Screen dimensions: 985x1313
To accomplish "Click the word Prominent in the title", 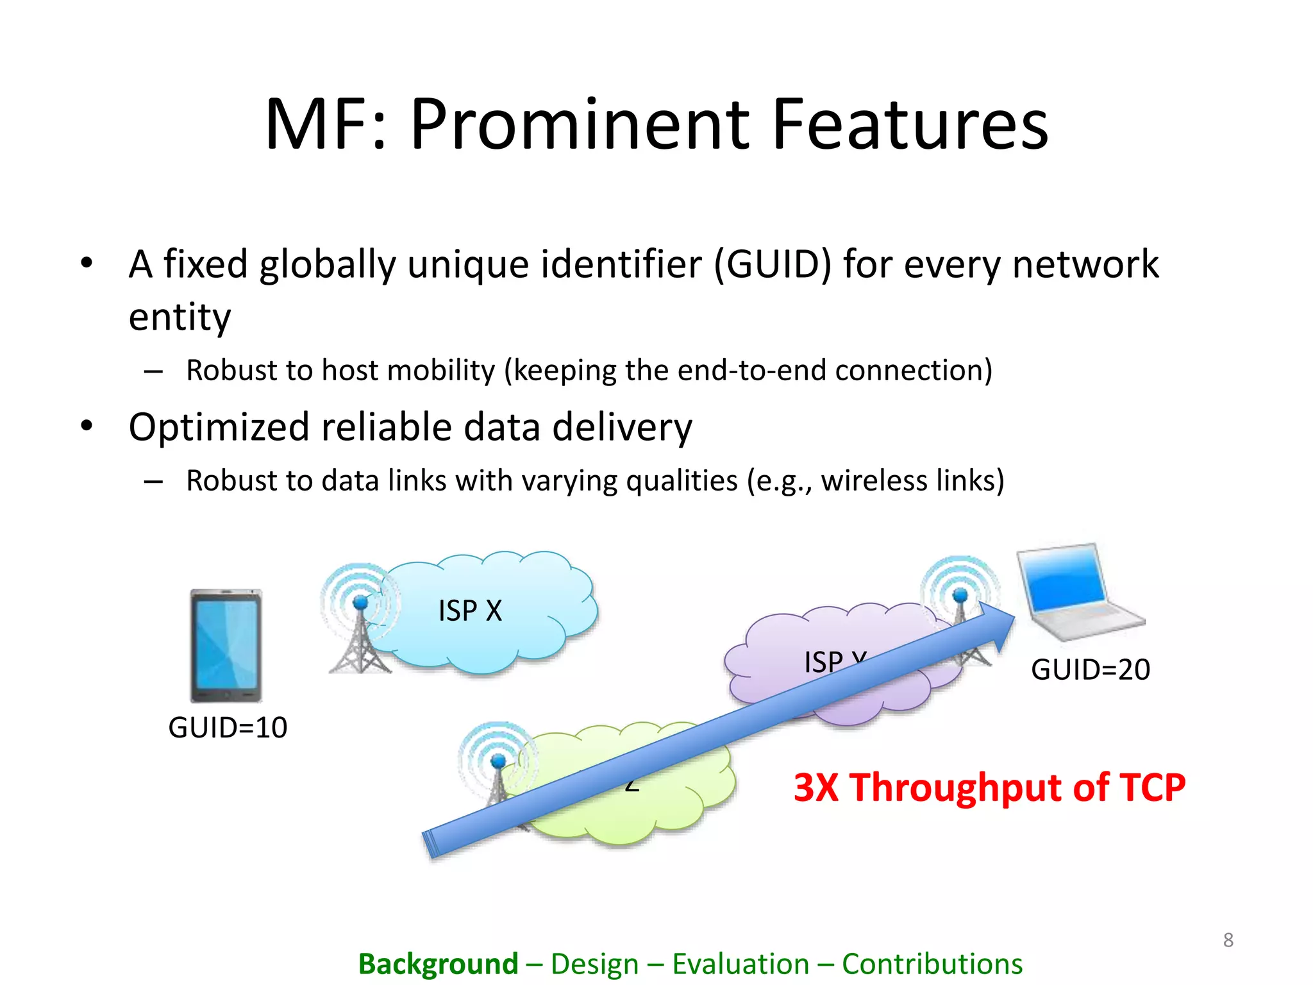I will (580, 124).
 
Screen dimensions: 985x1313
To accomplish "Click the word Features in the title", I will (910, 124).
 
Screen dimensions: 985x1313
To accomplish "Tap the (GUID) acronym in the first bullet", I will (772, 264).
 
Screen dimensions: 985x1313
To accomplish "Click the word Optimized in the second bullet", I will (218, 428).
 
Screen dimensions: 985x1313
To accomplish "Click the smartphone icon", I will (226, 646).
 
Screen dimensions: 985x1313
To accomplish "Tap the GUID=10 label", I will (228, 728).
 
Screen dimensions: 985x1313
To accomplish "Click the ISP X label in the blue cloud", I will (470, 610).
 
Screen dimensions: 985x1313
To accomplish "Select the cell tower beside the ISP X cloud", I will (359, 622).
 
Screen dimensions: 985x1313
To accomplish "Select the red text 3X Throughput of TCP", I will (989, 787).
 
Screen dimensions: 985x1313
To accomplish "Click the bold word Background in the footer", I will (438, 964).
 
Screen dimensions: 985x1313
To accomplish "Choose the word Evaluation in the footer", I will (740, 964).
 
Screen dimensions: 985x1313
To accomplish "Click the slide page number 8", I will (1228, 940).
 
